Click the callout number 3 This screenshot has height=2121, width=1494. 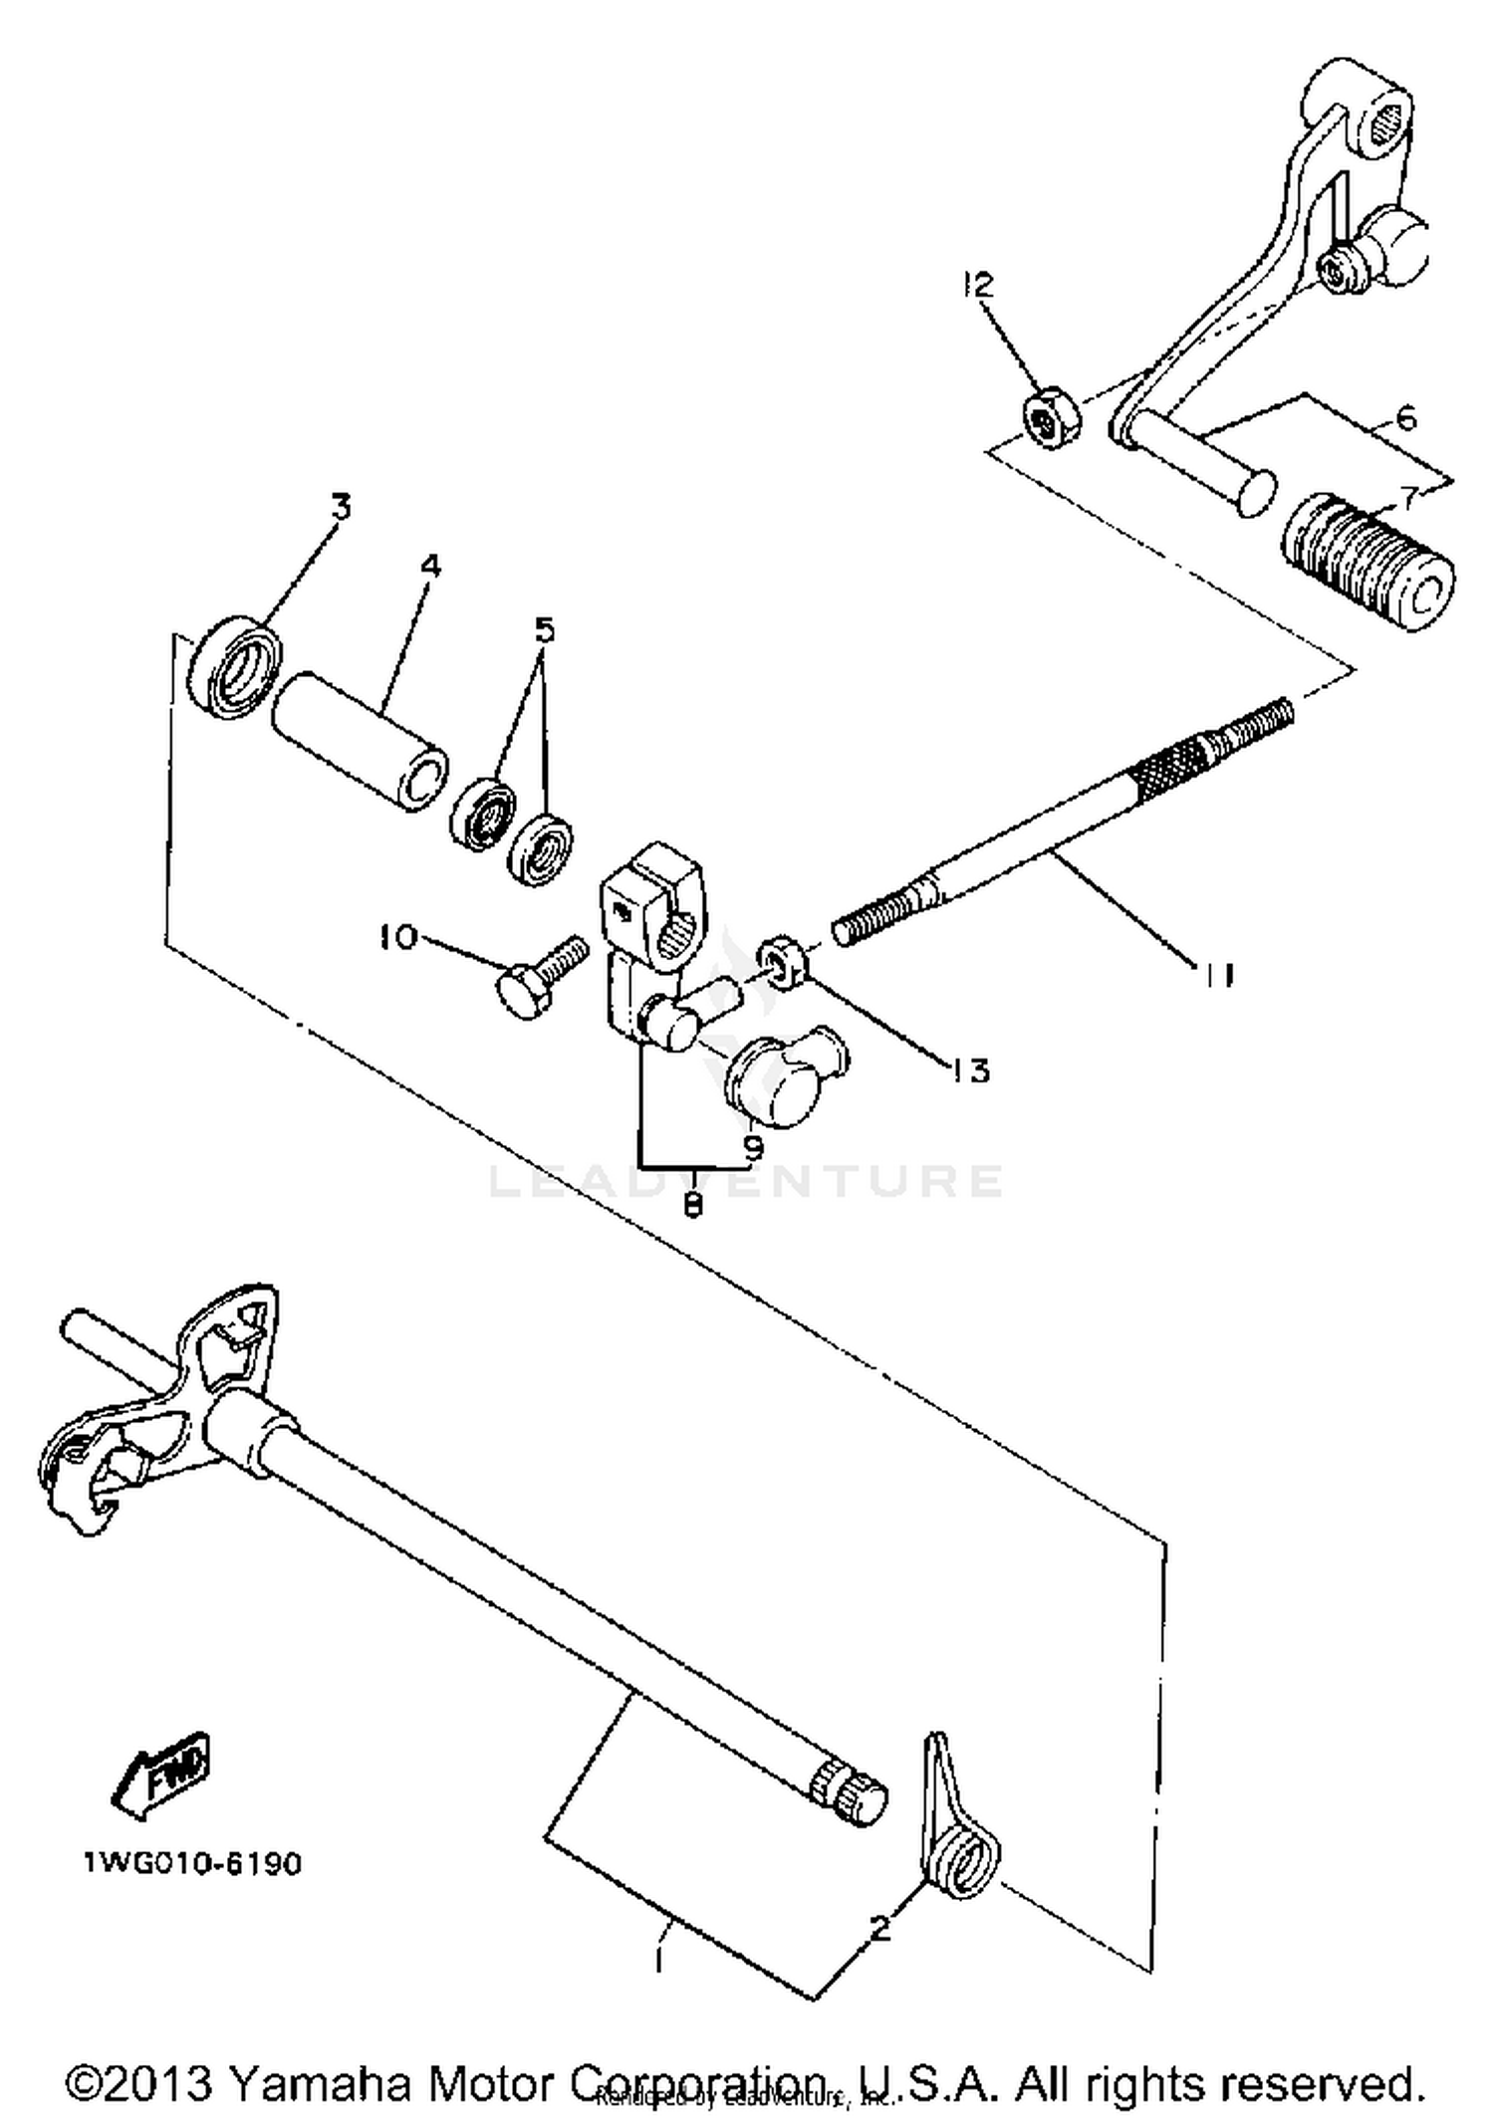coord(342,507)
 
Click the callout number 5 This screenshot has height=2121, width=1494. coord(544,630)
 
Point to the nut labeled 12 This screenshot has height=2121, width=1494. coord(1043,424)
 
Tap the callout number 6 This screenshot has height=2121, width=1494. coord(1404,417)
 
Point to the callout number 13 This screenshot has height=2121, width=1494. coord(968,1070)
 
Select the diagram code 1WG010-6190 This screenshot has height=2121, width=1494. coord(191,1863)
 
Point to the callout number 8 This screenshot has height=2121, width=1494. coord(694,1204)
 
